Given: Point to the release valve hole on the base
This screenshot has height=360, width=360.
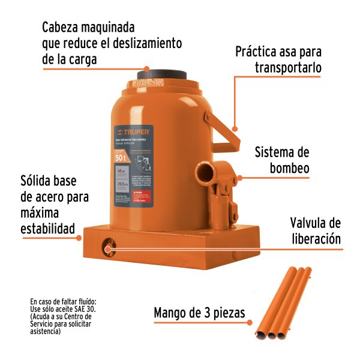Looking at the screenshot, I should pyautogui.click(x=109, y=246).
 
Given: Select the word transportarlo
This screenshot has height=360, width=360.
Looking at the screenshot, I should pyautogui.click(x=286, y=68).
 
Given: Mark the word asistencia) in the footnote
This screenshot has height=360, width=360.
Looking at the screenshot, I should pyautogui.click(x=45, y=332).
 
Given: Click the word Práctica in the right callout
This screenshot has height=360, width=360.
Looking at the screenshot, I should pyautogui.click(x=260, y=52).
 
